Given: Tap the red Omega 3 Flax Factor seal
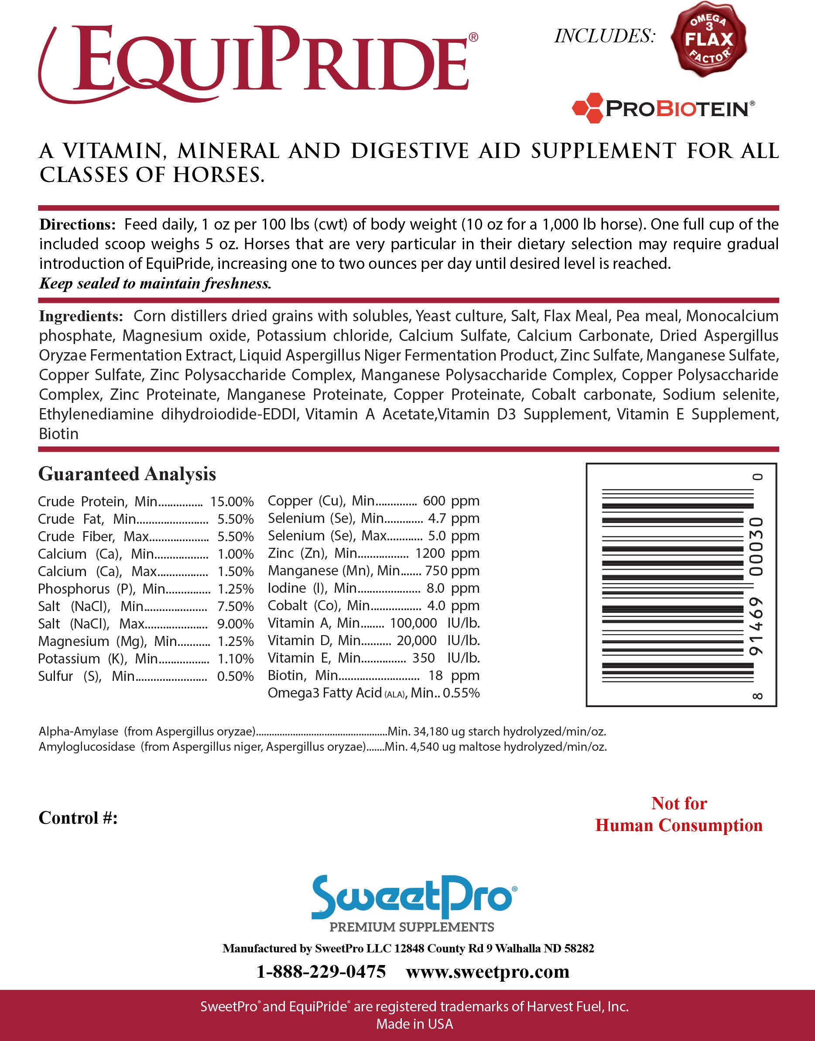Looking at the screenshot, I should point(708,39).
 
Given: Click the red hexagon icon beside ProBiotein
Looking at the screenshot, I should point(587,108).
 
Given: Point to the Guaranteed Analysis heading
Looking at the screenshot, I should point(127,474).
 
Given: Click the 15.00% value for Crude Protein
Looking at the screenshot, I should point(232,502).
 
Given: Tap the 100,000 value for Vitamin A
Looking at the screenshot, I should point(413,623).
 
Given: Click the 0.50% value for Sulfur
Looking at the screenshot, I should point(235,676).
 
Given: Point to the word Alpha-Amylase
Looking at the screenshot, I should point(78,731).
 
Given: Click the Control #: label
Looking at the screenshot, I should point(78,818).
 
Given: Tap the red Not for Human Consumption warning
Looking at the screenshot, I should point(678,814).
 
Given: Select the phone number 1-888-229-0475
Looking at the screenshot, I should point(321,972).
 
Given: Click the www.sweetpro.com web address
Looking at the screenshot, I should point(488,972).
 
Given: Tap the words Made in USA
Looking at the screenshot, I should point(414,1024).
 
